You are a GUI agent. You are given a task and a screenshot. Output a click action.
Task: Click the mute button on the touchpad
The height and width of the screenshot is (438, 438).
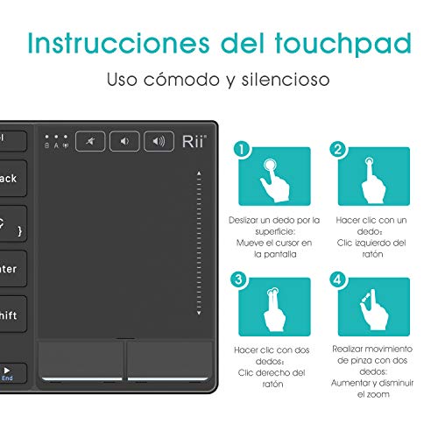pos(90,141)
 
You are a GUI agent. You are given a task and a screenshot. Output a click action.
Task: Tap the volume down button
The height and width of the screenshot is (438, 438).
pos(124,141)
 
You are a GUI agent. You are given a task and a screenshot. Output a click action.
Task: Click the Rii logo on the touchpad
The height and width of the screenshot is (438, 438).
pos(194,142)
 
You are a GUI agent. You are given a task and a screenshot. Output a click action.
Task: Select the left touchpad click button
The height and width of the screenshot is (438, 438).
pos(81,361)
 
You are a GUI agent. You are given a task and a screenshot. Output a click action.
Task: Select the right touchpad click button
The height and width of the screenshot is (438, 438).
pos(170,361)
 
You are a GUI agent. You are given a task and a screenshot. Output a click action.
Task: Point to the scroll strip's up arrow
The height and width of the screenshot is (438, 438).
pos(199,173)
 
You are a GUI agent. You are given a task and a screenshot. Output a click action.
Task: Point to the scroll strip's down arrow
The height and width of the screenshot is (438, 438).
pos(199,313)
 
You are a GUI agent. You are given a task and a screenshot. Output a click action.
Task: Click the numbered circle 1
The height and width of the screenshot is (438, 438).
pos(242,150)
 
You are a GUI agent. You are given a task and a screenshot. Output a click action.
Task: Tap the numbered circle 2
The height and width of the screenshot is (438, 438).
pos(337,150)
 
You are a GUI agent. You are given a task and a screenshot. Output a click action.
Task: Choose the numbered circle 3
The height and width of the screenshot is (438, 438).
pos(238,279)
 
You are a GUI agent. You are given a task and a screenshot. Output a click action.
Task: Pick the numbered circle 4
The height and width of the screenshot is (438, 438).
pos(337,279)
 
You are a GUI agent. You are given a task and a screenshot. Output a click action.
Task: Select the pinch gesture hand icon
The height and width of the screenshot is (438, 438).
pos(374,309)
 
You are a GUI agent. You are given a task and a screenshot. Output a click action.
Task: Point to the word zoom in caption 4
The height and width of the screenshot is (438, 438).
pos(378,394)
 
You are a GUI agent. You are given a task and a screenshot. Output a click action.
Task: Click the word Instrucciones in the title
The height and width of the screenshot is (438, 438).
pos(118,43)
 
